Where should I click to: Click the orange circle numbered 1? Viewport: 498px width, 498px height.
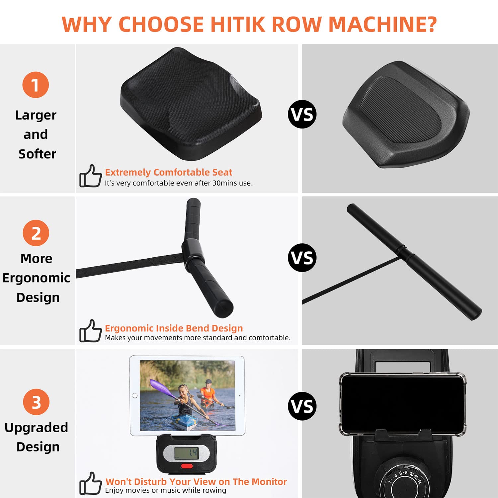36,85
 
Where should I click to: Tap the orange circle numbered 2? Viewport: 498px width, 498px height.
36,233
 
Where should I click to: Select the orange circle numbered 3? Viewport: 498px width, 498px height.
36,402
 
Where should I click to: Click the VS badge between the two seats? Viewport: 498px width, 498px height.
302,114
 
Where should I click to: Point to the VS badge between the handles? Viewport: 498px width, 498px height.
302,258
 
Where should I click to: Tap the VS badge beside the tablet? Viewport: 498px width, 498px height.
302,406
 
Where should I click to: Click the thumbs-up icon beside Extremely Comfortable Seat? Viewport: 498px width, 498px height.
90,176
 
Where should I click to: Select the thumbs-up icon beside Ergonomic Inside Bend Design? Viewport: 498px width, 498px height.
90,331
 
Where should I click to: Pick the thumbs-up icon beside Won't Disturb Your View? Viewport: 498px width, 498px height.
90,483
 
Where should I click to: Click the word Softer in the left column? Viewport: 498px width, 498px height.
37,154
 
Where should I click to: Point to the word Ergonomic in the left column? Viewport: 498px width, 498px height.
36,278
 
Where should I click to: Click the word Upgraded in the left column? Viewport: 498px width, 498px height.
36,428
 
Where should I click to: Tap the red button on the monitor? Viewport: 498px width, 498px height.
187,466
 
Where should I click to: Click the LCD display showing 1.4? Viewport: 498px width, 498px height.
186,453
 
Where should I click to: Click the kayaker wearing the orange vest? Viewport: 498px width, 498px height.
208,393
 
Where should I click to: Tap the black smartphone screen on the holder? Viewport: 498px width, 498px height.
402,403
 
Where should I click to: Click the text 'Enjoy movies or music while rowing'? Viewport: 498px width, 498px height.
166,490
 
